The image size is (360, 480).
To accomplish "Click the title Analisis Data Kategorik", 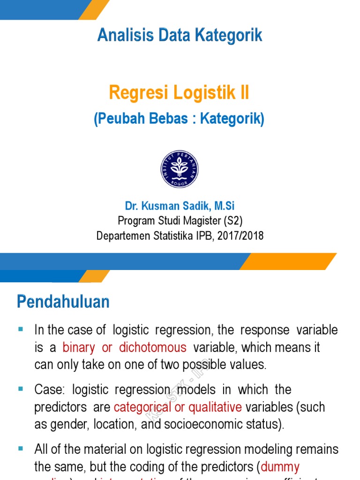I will coord(180,36).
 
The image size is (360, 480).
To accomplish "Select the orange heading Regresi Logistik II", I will coord(179,92).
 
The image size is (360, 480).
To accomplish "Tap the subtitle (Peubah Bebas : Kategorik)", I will coord(179,119).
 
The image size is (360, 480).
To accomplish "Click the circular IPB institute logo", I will coord(180,169).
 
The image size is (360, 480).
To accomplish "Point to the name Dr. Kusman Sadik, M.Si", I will coord(180,206).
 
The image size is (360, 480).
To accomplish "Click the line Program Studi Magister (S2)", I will coord(180,220).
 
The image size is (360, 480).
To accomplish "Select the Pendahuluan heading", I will coord(63,301).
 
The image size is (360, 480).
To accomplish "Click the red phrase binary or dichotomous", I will coord(124,348).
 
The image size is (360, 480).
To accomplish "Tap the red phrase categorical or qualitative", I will coord(178,407).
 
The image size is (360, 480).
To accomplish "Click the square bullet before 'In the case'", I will coord(21,330).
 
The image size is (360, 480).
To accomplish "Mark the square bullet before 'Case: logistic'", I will coord(21,390).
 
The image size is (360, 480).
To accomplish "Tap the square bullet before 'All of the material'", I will coord(21,449).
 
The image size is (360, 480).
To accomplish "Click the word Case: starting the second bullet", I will coord(48,390).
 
